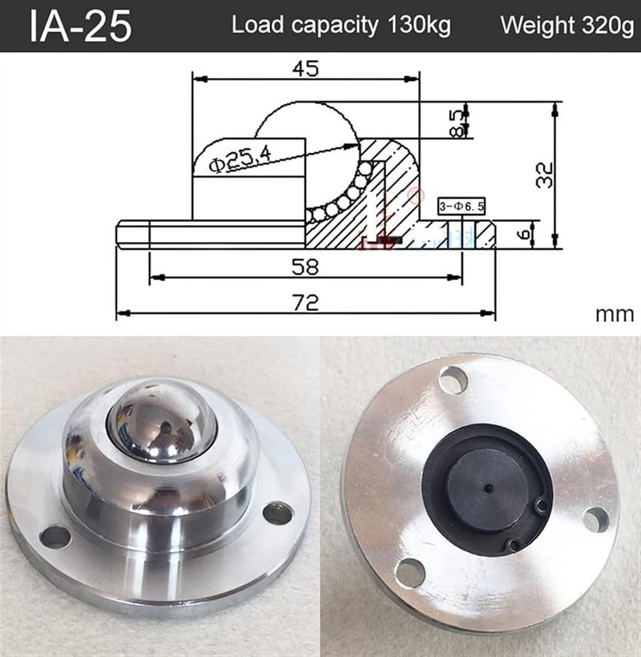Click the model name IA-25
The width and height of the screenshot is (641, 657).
(80, 26)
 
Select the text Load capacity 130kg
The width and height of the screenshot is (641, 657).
(341, 25)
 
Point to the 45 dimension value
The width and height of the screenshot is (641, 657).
(304, 69)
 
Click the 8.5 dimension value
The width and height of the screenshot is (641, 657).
(458, 122)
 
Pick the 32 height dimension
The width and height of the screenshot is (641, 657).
(544, 174)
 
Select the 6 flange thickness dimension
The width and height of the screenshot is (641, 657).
(524, 235)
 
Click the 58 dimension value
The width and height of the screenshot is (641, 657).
(304, 266)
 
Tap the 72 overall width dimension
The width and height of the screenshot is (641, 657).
(304, 302)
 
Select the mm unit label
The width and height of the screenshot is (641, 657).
(614, 314)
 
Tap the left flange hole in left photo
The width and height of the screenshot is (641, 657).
(55, 537)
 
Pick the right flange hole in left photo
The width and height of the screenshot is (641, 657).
(277, 513)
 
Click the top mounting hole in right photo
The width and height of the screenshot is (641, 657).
(454, 379)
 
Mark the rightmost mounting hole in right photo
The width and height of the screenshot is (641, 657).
(595, 520)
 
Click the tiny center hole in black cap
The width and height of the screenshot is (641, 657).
(488, 486)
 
